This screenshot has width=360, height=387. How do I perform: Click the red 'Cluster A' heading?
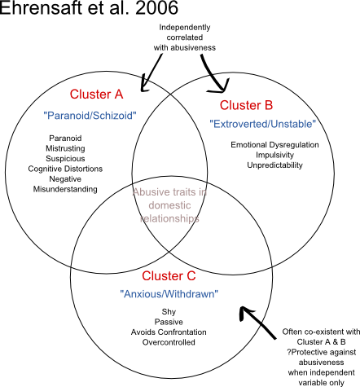96,95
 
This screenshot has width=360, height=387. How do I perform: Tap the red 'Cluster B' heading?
246,105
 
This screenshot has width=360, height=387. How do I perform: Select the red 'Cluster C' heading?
169,276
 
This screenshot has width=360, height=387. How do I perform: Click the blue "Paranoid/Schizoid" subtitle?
90,116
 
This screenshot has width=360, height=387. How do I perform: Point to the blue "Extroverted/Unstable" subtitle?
263,124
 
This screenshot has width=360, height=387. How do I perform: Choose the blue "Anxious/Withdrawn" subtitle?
169,294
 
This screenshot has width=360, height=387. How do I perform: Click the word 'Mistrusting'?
65,148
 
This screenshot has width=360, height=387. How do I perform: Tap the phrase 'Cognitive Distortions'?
65,169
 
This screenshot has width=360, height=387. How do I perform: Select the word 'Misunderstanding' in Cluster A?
65,189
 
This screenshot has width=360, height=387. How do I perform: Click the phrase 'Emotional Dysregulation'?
274,145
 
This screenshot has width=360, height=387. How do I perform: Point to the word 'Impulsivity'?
274,155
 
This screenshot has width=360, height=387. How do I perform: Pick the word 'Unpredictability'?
274,165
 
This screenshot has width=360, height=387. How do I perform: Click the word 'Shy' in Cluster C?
169,312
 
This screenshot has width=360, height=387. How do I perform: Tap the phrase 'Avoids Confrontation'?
169,332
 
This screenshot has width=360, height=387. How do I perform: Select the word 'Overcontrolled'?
169,342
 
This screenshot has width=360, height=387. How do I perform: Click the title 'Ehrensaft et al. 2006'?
89,7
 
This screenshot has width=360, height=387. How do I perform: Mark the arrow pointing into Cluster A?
151,73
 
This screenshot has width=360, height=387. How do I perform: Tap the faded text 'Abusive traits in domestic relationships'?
169,205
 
